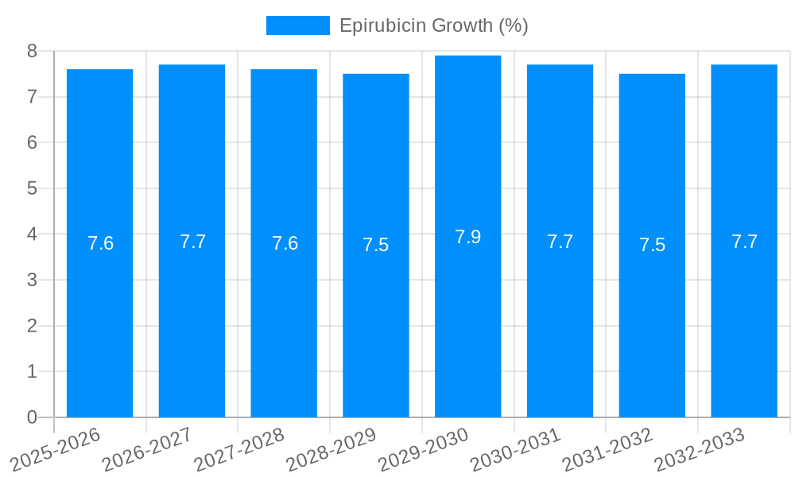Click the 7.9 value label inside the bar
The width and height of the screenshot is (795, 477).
coord(467,237)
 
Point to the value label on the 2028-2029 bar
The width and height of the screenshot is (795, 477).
coord(376,245)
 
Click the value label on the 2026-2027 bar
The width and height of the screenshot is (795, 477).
coord(192,242)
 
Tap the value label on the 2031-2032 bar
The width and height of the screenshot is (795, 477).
coord(652,245)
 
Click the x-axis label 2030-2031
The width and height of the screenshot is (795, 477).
coord(516,449)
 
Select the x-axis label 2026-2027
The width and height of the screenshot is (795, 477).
coord(148,449)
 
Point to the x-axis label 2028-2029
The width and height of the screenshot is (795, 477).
coord(332,449)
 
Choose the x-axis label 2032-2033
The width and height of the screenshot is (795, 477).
coord(700,449)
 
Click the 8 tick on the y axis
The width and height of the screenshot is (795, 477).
coord(33,51)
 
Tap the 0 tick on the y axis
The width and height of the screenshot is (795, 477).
coord(33,417)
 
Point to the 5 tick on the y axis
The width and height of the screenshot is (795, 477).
coord(33,188)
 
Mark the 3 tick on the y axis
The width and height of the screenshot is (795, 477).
coord(33,280)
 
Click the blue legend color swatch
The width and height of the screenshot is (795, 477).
coord(297,25)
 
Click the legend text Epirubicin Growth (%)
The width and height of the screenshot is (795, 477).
coord(433,25)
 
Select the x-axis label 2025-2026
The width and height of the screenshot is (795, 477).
coord(56,449)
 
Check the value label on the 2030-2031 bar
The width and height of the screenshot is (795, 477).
coord(560,242)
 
